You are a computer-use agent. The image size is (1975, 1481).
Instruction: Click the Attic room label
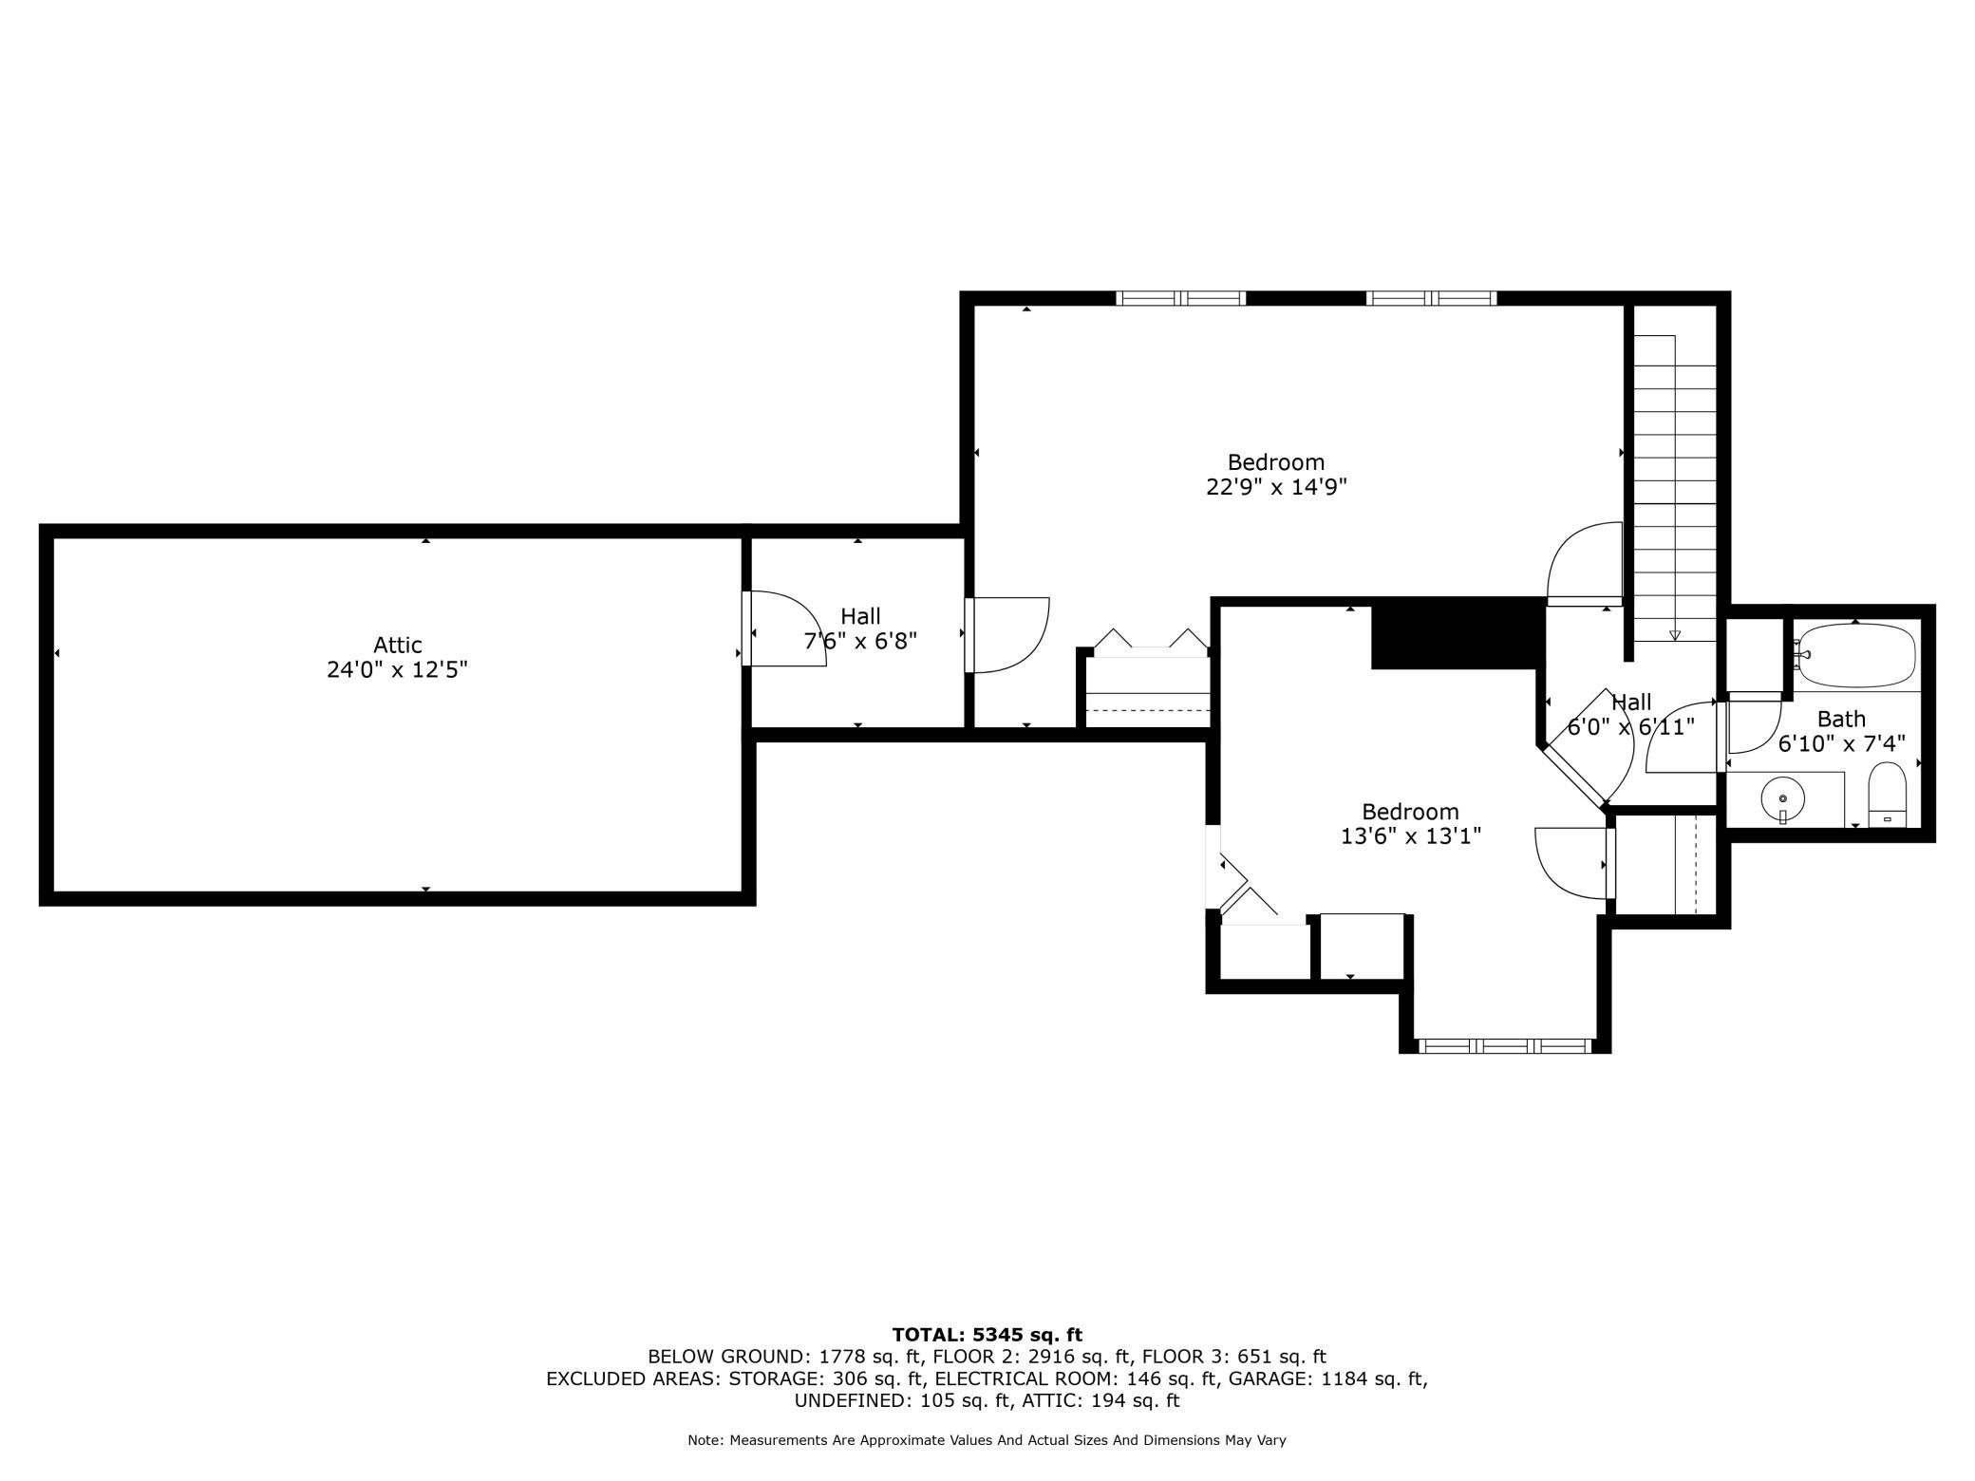coord(397,646)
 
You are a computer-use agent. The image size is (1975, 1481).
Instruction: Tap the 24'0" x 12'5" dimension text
coord(397,670)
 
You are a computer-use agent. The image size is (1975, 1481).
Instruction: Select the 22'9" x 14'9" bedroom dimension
coord(1276,487)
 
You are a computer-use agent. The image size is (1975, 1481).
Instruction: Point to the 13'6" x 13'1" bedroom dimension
coord(1410,836)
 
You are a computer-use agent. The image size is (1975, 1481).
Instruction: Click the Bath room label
coord(1841,720)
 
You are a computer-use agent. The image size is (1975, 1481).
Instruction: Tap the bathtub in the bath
coord(1855,655)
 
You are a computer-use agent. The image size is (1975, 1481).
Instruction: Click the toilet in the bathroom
coord(1887,796)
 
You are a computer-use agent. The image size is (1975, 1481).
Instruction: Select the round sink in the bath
coord(1783,799)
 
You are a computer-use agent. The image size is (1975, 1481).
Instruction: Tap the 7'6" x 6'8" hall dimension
coord(860,641)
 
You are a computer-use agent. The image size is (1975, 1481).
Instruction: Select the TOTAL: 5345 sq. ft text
coord(987,1335)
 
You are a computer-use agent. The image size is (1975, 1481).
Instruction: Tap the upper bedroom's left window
coord(1180,298)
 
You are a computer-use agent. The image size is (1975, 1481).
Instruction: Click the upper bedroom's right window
coord(1432,298)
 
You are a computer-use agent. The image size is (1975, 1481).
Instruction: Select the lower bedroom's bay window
coord(1505,1046)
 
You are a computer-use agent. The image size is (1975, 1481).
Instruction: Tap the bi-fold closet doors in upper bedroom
coord(1151,640)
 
